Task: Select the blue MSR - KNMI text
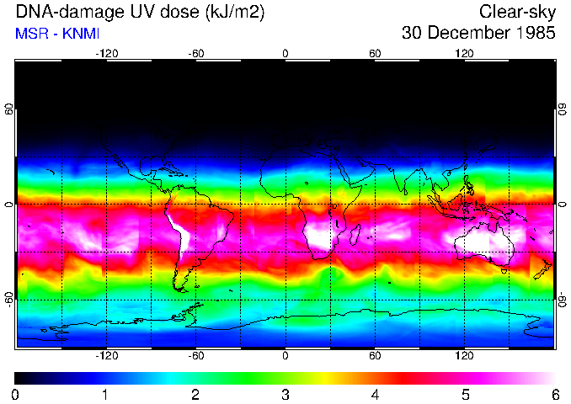(52, 35)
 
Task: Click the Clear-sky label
(516, 13)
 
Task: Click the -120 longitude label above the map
(106, 54)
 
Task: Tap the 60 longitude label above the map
(375, 54)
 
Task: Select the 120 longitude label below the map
(464, 354)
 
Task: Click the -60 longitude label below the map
(195, 354)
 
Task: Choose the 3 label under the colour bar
(285, 394)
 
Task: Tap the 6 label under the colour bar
(554, 394)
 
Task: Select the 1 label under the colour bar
(105, 394)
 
